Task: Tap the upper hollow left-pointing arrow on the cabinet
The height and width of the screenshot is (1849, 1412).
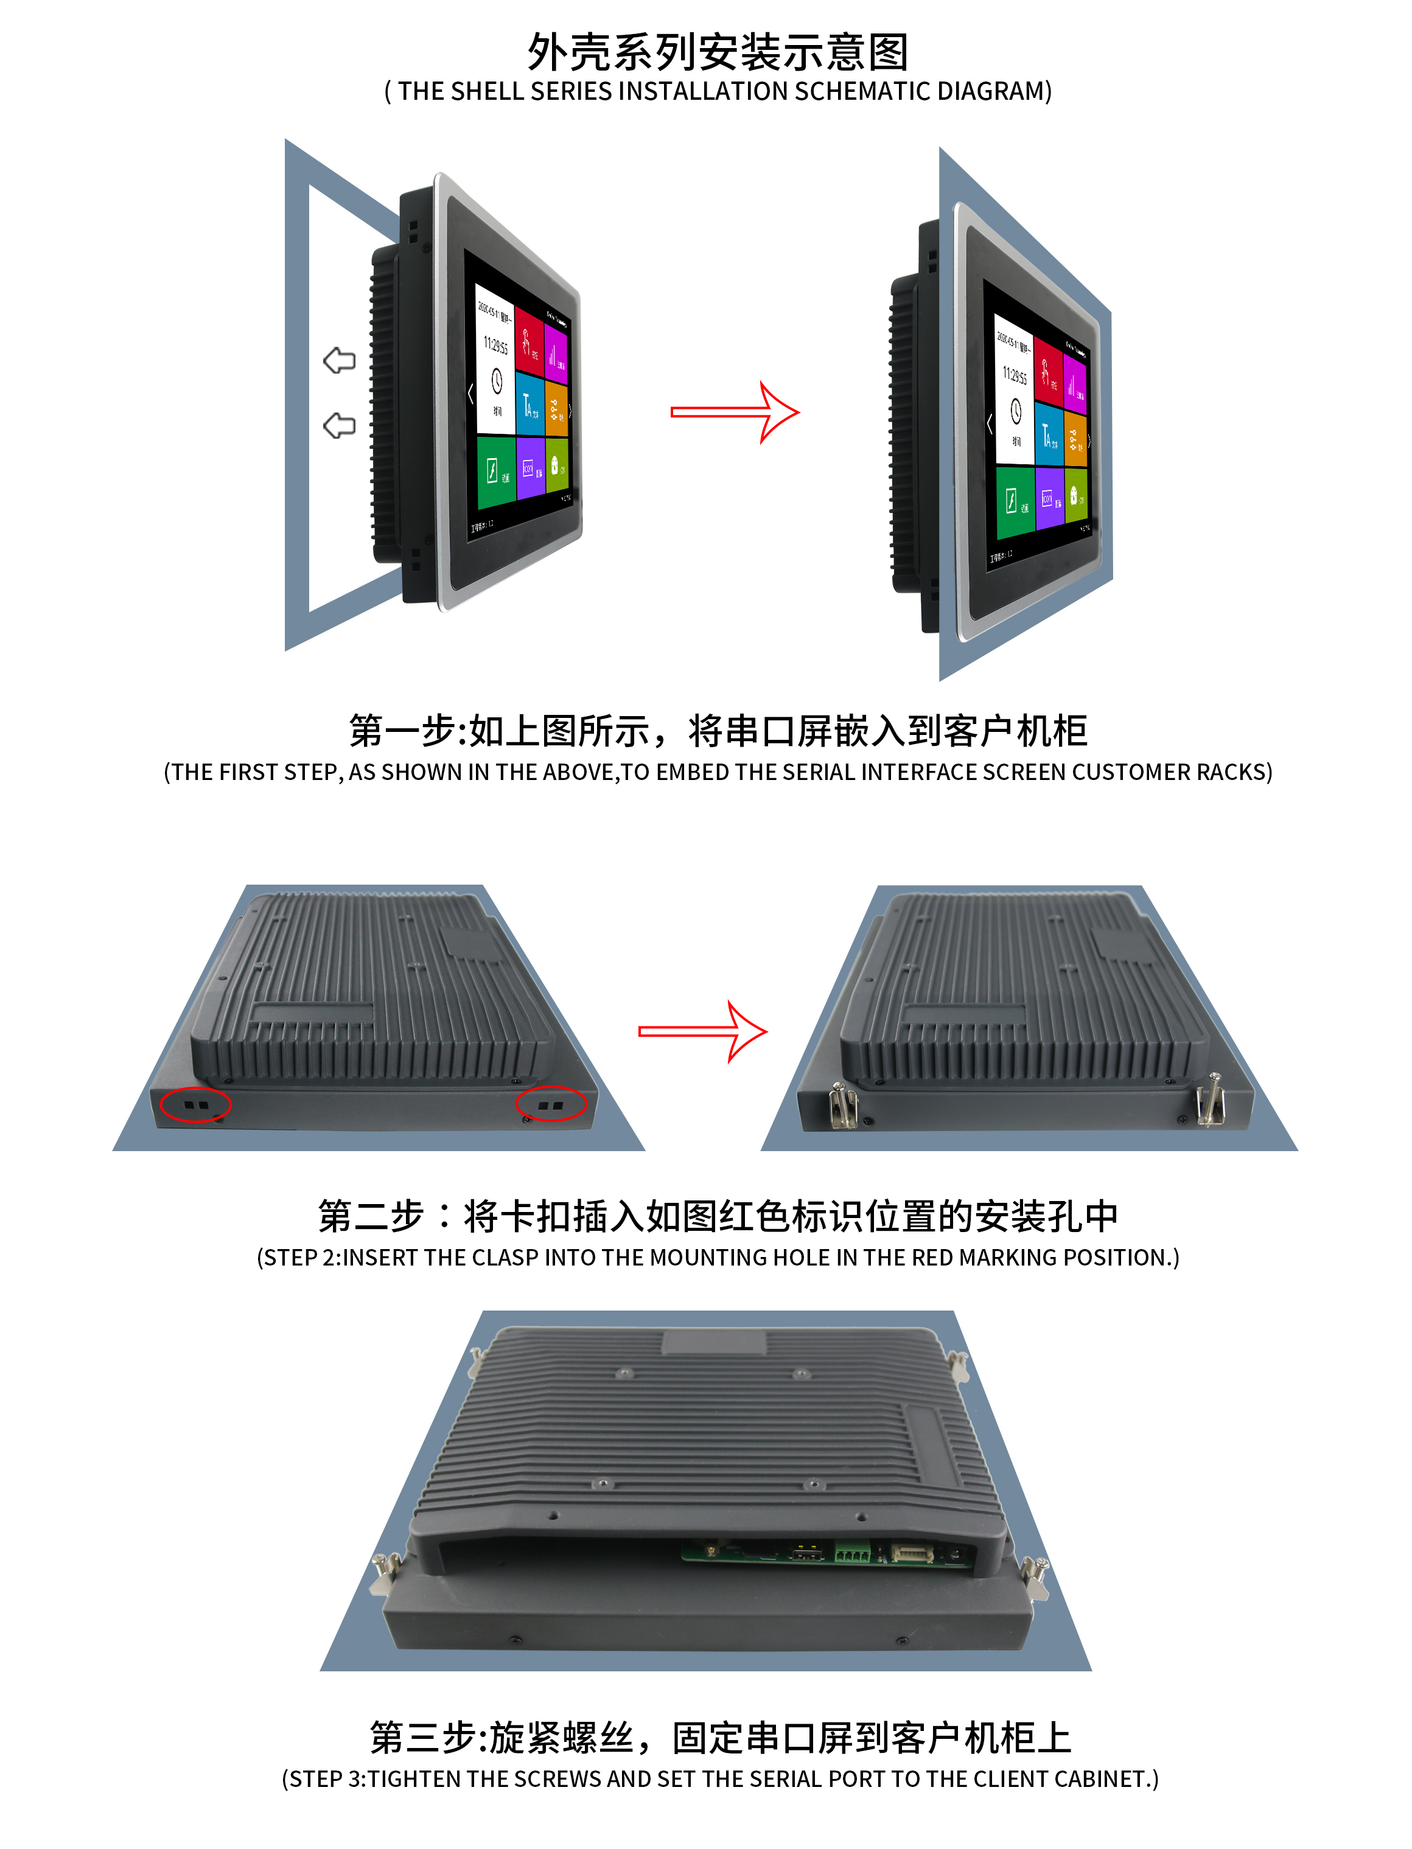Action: tap(340, 360)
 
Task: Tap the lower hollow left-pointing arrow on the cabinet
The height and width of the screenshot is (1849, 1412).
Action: tap(340, 425)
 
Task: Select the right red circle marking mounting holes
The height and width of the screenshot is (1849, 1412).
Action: tap(551, 1104)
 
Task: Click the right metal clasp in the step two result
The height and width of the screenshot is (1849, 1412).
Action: tap(1209, 1101)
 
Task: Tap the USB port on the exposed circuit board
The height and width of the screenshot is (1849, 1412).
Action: tap(808, 1553)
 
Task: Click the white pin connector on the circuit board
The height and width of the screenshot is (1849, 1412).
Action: tap(911, 1553)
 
